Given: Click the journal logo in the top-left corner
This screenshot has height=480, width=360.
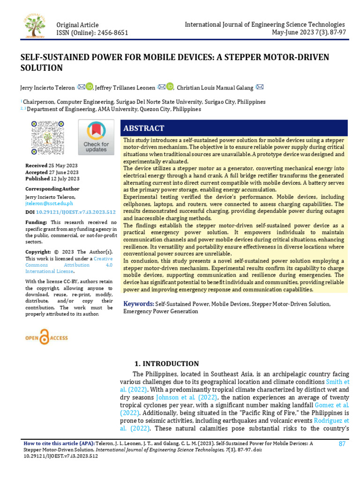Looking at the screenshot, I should click(x=35, y=24).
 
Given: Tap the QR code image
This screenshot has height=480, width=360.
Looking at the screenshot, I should click(x=47, y=138).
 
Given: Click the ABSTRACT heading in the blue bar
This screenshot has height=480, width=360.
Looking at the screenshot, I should click(x=143, y=128).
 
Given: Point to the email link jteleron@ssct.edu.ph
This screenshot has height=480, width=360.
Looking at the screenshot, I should click(x=49, y=203).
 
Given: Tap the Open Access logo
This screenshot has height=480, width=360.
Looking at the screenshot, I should click(x=46, y=337).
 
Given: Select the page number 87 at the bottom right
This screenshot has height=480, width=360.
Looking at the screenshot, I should click(x=342, y=444).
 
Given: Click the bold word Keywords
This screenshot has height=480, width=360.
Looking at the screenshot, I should click(x=138, y=304).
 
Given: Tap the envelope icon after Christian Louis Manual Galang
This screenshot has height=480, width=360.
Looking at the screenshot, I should click(x=259, y=87).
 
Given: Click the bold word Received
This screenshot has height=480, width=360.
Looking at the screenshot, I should click(x=37, y=165).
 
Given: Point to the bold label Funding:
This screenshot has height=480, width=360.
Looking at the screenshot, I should click(x=36, y=222).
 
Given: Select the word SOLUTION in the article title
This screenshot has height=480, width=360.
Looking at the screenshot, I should click(x=41, y=68).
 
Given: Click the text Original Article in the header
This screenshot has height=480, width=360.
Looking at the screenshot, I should click(x=77, y=24).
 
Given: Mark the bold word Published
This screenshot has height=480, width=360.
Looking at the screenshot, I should click(x=38, y=179).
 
